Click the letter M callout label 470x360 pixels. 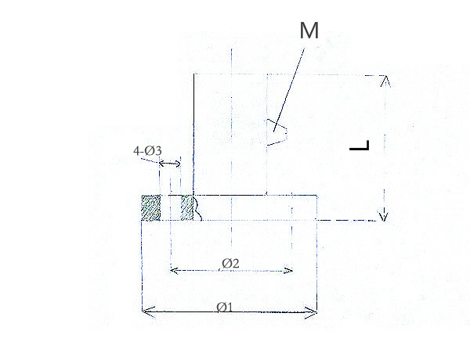(x=310, y=31)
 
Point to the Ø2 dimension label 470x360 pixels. (x=230, y=263)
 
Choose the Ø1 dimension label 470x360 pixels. (x=225, y=307)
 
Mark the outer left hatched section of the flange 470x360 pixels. (x=150, y=207)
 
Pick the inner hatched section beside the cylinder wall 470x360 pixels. (x=186, y=207)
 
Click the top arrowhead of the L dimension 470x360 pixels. (x=384, y=80)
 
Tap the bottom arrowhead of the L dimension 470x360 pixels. (x=384, y=216)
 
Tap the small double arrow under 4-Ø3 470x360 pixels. (x=168, y=164)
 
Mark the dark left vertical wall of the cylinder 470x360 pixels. (x=193, y=133)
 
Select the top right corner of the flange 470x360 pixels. (x=316, y=196)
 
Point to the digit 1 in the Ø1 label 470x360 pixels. (x=231, y=307)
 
